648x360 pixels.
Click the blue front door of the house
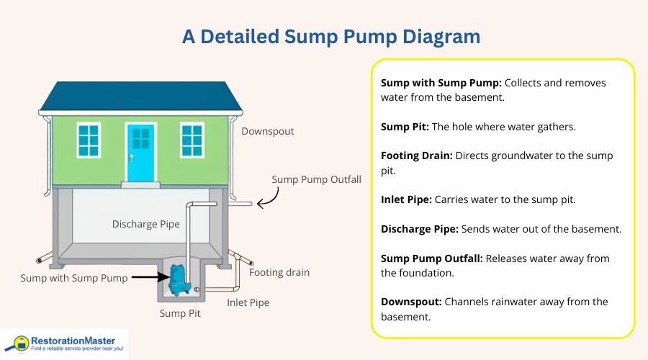[x=140, y=152]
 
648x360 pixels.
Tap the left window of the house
[x=89, y=140]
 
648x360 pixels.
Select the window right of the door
[x=192, y=140]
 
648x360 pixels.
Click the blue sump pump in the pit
[x=176, y=280]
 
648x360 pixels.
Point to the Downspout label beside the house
[x=267, y=132]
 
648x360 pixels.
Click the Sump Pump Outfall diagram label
[x=316, y=179]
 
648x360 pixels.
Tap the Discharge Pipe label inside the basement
[x=146, y=224]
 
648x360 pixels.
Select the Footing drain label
[x=279, y=273]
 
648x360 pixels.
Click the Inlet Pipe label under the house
[x=248, y=302]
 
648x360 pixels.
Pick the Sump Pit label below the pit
[x=180, y=314]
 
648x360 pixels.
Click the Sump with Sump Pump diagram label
[x=73, y=278]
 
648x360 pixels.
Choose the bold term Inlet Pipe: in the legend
[x=405, y=199]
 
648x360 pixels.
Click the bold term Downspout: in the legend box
[x=410, y=302]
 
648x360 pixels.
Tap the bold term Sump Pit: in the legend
[x=404, y=126]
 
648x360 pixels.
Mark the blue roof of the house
[x=140, y=95]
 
